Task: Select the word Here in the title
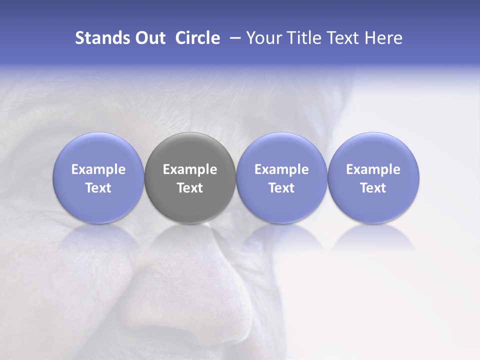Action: [x=384, y=38]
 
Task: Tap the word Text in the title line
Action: [x=345, y=38]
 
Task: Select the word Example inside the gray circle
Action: [x=190, y=169]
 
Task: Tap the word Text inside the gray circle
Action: [x=190, y=188]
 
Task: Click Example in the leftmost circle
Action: [x=98, y=169]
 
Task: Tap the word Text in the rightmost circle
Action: [x=373, y=188]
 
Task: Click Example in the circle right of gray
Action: [x=281, y=169]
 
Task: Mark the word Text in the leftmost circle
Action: [x=98, y=188]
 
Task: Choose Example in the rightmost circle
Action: [x=373, y=169]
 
